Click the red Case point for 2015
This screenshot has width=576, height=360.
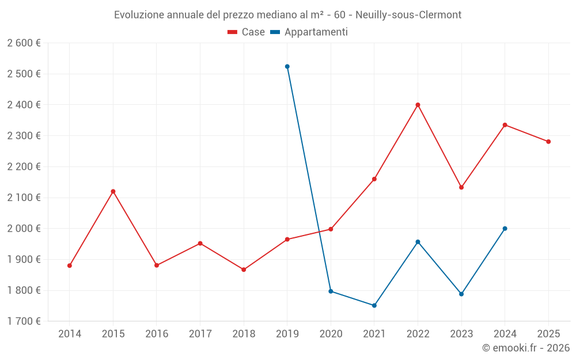113,191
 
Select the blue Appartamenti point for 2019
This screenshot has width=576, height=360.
287,66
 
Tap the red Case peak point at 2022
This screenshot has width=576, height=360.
418,105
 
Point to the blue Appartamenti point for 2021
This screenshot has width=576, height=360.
374,305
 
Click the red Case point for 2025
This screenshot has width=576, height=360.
548,142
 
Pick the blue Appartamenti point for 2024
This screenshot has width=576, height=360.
505,229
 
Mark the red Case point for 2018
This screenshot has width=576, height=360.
244,270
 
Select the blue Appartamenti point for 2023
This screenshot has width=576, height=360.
461,294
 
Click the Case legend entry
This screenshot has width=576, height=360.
247,32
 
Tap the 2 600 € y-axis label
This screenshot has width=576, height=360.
24,43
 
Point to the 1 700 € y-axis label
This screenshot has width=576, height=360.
24,321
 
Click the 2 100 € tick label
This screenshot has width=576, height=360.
24,198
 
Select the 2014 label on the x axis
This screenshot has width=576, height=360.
70,334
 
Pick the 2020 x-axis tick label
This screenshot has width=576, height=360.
331,334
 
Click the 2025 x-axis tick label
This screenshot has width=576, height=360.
548,334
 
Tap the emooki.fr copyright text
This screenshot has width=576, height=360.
526,348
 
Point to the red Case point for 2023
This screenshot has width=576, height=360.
461,187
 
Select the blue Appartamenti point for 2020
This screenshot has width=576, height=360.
331,291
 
